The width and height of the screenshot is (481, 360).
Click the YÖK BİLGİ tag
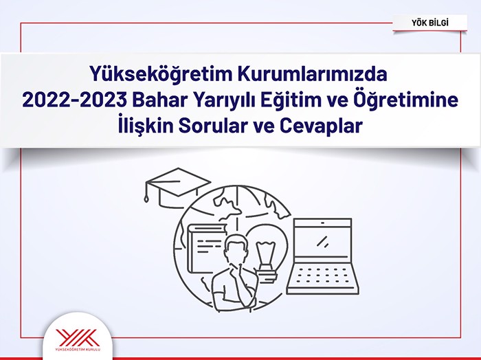[x=429, y=23]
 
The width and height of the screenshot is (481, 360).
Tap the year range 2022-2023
[x=74, y=100]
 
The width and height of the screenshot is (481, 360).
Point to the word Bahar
[x=161, y=100]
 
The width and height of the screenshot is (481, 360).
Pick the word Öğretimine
[x=406, y=100]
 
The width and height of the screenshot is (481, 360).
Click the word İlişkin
[x=146, y=126]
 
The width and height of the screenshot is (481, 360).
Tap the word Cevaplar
[x=321, y=126]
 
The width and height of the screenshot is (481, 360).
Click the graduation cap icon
[x=177, y=187]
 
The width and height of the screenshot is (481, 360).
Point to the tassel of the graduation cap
[x=146, y=192]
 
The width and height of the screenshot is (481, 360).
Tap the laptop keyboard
[x=323, y=275]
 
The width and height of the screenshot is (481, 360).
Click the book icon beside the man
[x=205, y=248]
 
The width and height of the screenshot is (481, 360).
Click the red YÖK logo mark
[x=78, y=337]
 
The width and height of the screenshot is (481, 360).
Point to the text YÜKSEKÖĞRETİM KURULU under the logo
[x=78, y=349]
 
